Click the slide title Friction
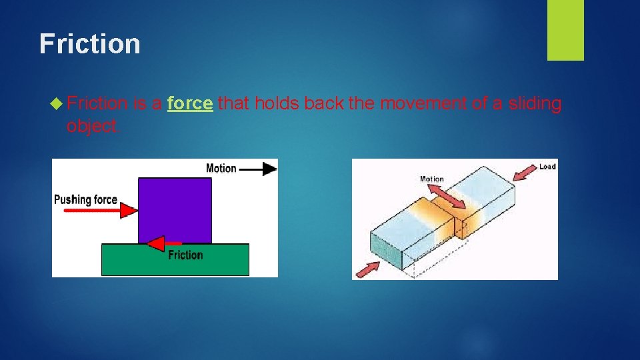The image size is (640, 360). click(90, 44)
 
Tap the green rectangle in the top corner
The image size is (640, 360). click(565, 29)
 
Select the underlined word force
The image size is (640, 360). click(190, 103)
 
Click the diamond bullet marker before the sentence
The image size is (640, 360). click(57, 103)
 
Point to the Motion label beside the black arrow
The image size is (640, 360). click(221, 169)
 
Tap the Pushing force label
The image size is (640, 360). click(85, 199)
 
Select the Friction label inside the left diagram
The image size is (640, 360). click(185, 255)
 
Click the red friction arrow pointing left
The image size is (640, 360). click(164, 243)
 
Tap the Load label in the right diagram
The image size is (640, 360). click(547, 166)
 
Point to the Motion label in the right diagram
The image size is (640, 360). click(431, 179)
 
